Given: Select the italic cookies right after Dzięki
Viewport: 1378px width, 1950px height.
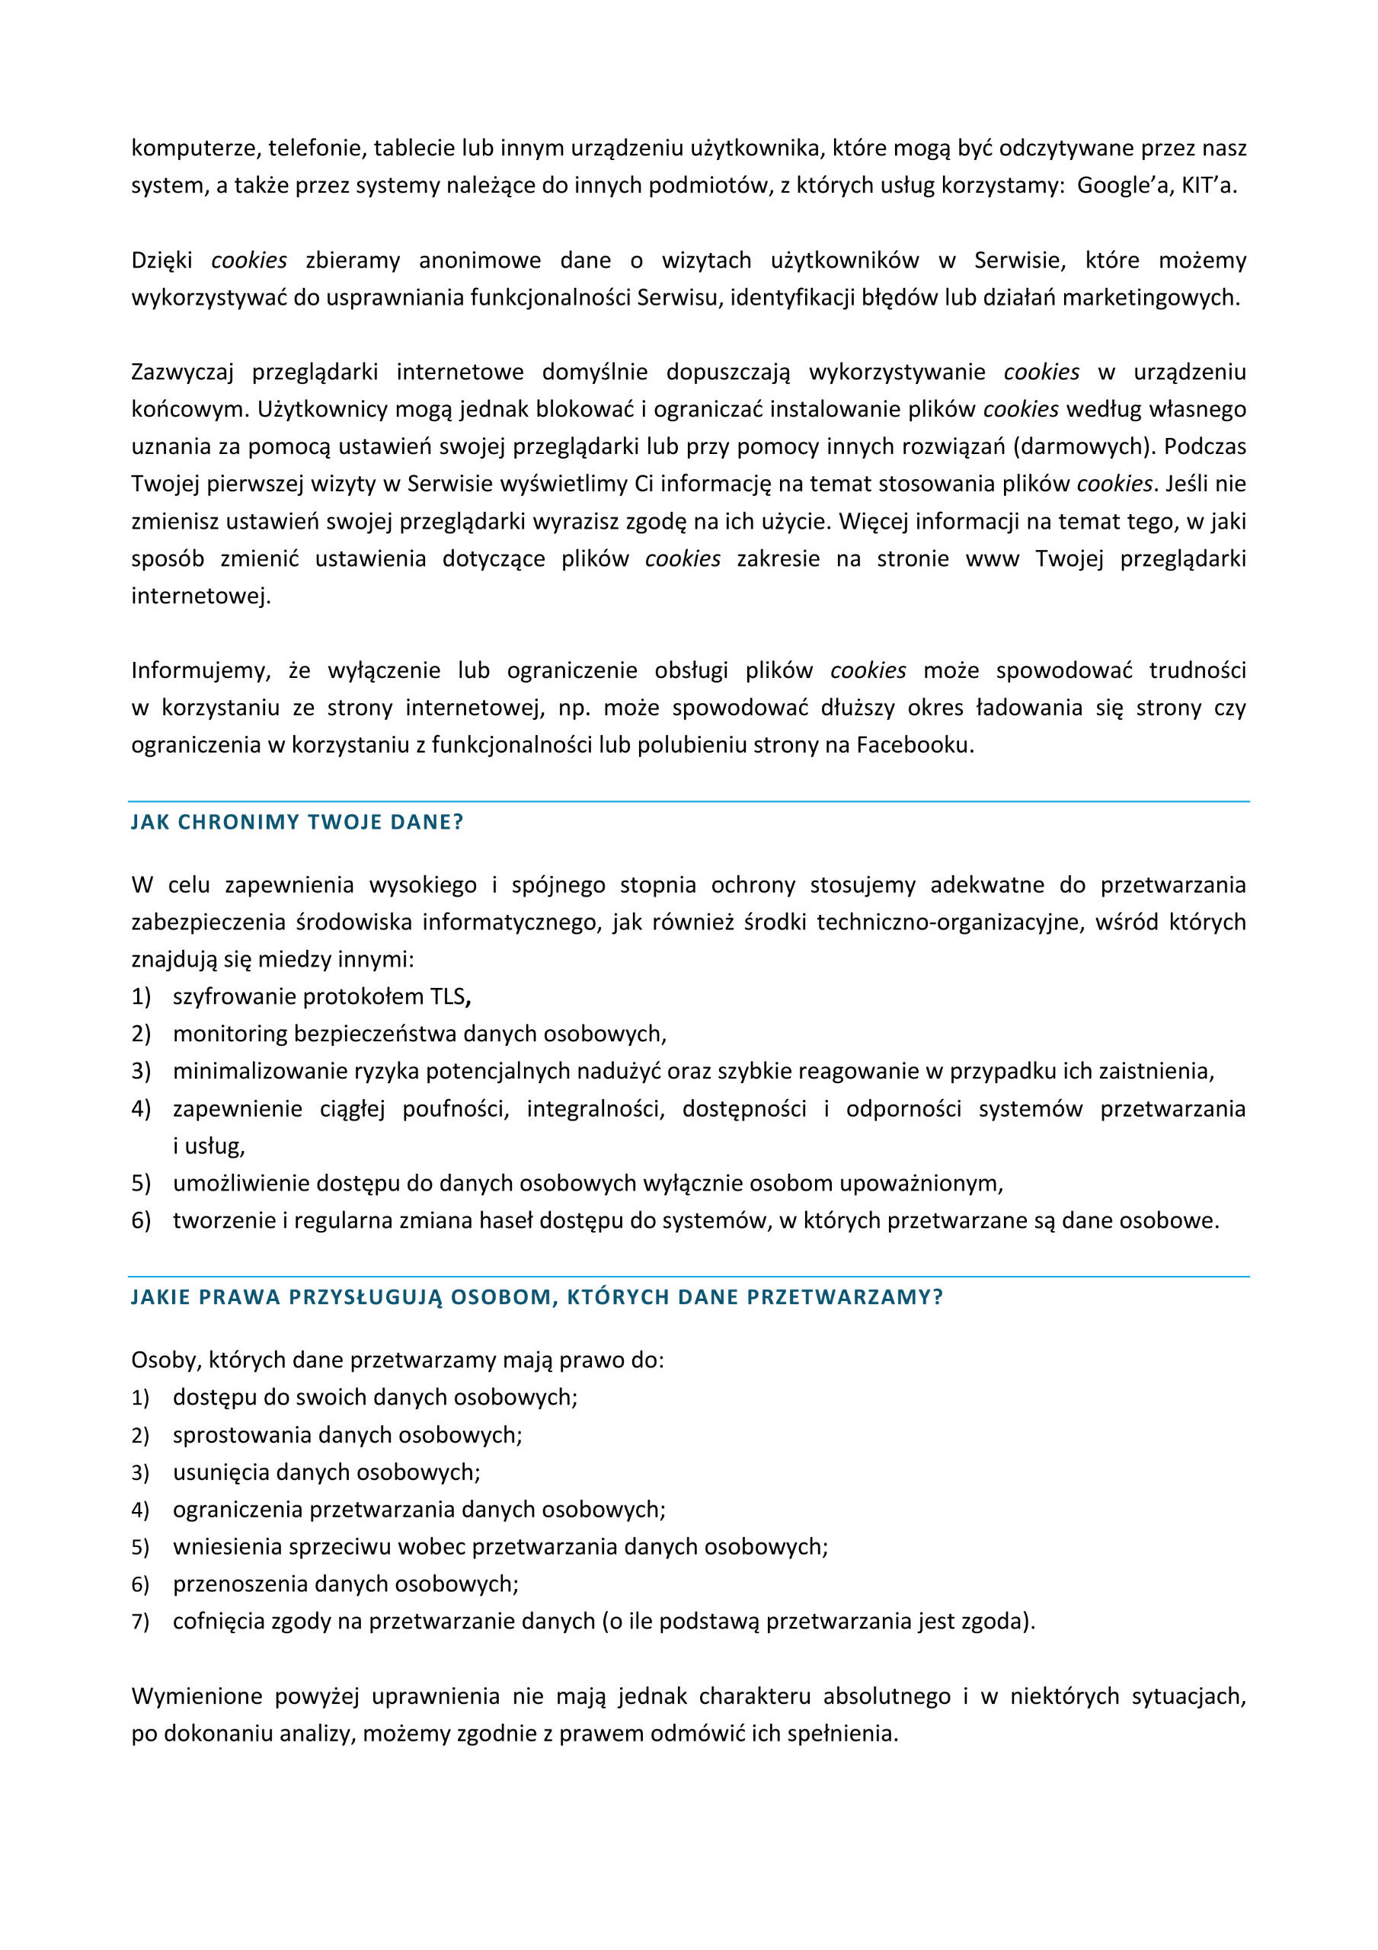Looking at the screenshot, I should (249, 260).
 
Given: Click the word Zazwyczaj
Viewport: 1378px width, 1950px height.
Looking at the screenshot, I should (182, 372).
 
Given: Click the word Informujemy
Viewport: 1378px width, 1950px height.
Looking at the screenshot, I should (200, 670).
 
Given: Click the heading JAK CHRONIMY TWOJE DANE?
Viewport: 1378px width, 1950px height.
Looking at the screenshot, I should (296, 822).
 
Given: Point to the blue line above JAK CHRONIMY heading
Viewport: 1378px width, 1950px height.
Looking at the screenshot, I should (688, 801).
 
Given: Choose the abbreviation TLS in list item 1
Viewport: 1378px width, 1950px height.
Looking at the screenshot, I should (447, 996).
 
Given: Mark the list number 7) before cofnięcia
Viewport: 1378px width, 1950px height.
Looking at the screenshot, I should (140, 1622).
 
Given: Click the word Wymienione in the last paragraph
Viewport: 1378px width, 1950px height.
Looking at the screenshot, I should (197, 1696).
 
